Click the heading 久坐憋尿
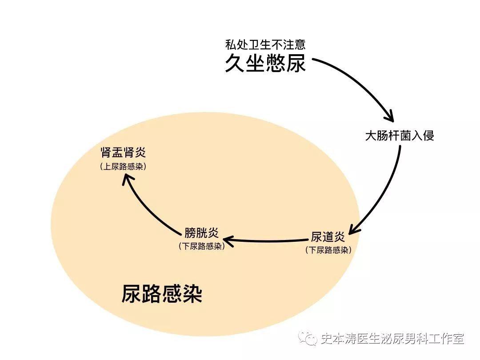click(265, 63)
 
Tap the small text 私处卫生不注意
click(265, 45)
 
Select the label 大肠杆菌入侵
click(399, 136)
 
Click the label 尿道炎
click(328, 237)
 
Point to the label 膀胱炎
click(201, 232)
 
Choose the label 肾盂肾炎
click(123, 153)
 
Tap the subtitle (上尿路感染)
click(123, 167)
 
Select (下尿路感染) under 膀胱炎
click(201, 246)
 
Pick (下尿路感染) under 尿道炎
click(328, 250)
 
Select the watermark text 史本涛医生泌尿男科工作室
click(392, 339)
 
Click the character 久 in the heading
click(235, 63)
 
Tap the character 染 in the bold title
click(192, 293)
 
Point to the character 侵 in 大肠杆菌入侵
click(428, 136)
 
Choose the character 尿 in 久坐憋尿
click(296, 63)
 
